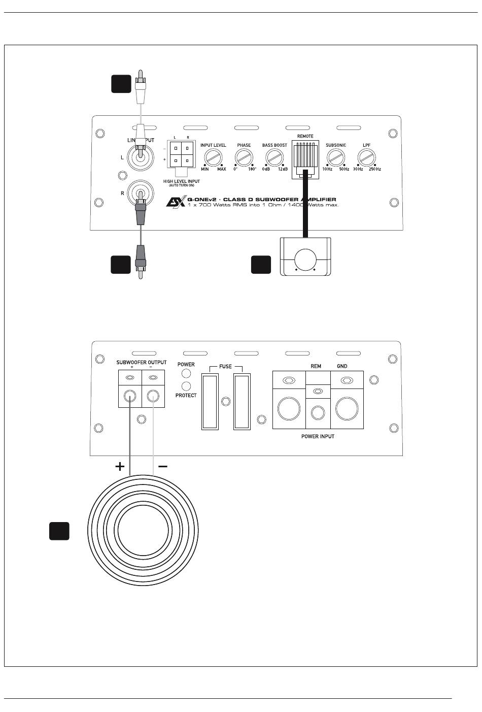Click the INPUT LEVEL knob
tap(213, 158)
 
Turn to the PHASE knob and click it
tap(244, 158)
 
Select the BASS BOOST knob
tap(274, 158)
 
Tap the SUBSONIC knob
tap(336, 158)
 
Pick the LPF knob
tap(366, 158)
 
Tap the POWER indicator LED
tap(186, 375)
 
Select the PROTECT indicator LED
tap(186, 386)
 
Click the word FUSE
tap(225, 366)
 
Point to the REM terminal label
tap(316, 366)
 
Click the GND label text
tap(342, 366)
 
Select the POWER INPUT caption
tap(318, 436)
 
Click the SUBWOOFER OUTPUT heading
tap(141, 363)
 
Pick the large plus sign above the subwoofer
tap(120, 466)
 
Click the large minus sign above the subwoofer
tap(163, 466)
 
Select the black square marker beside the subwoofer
tap(59, 531)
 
